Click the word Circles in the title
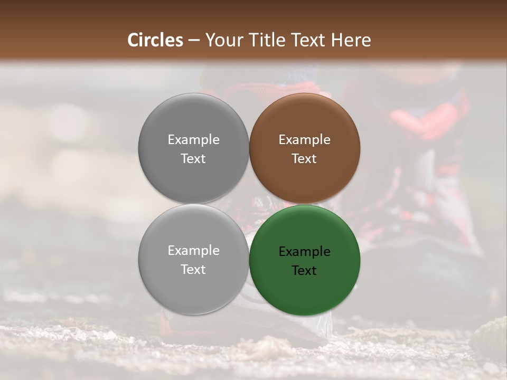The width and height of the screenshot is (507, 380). (155, 40)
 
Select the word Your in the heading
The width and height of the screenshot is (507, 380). (222, 40)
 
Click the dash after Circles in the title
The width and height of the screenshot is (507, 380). (194, 41)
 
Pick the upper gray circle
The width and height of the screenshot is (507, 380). (193, 119)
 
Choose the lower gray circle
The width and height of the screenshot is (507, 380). (193, 288)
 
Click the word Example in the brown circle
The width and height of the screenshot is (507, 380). (305, 140)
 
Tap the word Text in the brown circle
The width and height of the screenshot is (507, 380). (305, 159)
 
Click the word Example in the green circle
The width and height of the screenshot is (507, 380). (305, 252)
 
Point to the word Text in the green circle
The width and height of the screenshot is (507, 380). (305, 271)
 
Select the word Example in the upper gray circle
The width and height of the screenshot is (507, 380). (193, 140)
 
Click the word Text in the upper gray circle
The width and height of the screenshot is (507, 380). (193, 159)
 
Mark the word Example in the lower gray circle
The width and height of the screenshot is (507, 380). (193, 251)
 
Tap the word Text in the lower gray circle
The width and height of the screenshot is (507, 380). (193, 270)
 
